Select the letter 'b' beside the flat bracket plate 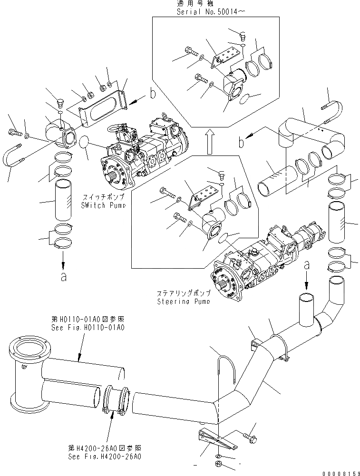tap(152, 94)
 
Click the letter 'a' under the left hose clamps tap(63, 277)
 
